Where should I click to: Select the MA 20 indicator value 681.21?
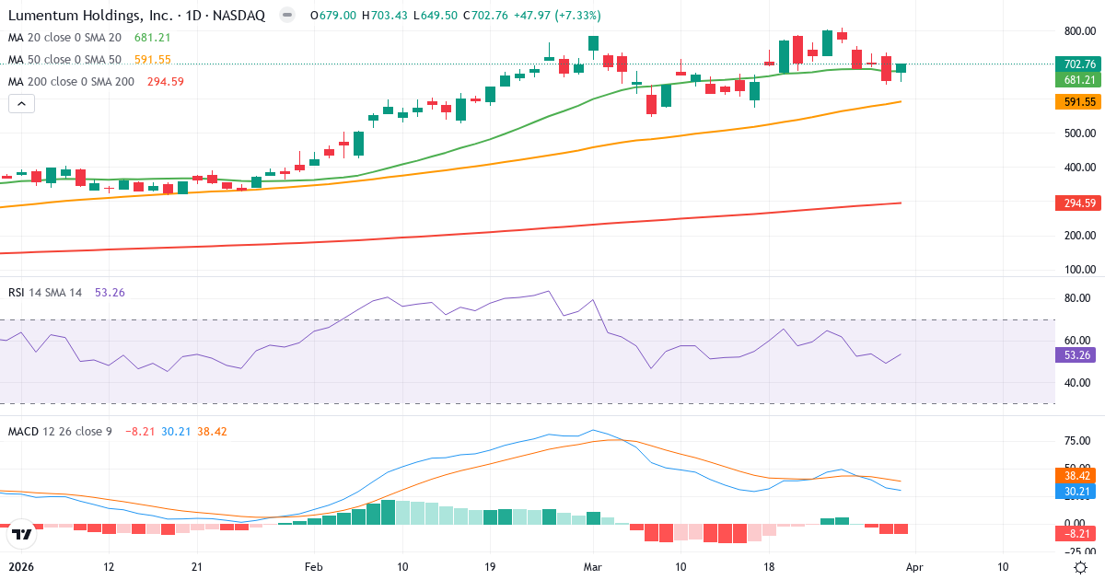[x=153, y=38]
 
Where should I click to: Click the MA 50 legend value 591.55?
[x=153, y=60]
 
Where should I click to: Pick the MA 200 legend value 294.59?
[x=166, y=82]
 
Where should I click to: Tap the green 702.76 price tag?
[x=1078, y=64]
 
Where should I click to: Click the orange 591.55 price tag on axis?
[x=1078, y=102]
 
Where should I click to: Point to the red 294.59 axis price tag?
[x=1078, y=203]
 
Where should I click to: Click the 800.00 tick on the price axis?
[x=1078, y=31]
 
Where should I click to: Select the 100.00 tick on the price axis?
[x=1078, y=270]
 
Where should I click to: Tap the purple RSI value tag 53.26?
[x=1078, y=354]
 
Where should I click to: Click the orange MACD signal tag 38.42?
[x=1078, y=476]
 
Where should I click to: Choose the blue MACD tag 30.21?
[x=1078, y=492]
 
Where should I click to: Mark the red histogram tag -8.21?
[x=1078, y=532]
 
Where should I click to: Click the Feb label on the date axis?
[x=315, y=567]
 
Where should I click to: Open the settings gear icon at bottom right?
[x=1081, y=567]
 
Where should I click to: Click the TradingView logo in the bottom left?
[x=22, y=533]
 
